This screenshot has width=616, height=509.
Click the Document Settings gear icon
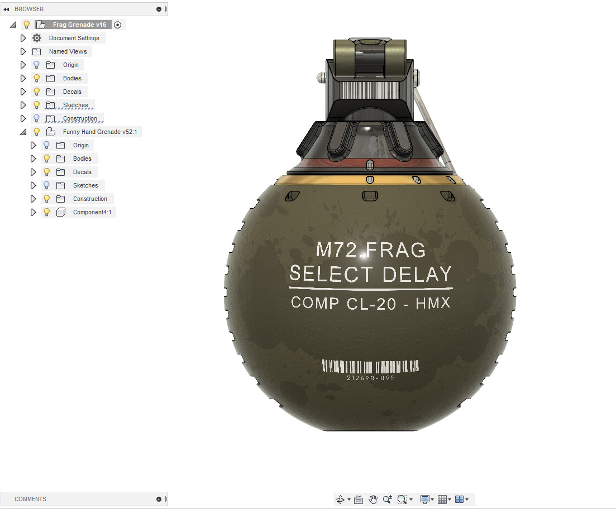(x=37, y=38)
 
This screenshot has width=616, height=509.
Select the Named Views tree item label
(x=68, y=51)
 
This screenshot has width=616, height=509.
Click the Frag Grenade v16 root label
(x=79, y=25)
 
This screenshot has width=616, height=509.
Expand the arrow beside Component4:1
(x=33, y=212)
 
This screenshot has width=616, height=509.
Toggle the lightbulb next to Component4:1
(x=47, y=212)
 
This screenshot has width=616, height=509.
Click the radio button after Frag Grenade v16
(x=117, y=25)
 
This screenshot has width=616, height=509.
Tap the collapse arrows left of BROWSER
(x=6, y=9)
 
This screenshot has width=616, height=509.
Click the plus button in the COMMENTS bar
(x=159, y=499)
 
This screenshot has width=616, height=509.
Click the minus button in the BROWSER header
(x=159, y=9)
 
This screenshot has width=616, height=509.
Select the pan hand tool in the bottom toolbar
(x=373, y=500)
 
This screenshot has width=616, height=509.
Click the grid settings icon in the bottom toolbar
(x=442, y=500)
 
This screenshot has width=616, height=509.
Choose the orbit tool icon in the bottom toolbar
(x=340, y=500)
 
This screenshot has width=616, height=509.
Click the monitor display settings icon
(x=424, y=500)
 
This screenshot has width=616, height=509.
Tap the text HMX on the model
(x=433, y=303)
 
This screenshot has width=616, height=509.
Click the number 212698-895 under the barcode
(x=371, y=378)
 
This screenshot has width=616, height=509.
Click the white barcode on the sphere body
(x=371, y=366)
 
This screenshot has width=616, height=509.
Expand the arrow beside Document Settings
(x=23, y=38)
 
